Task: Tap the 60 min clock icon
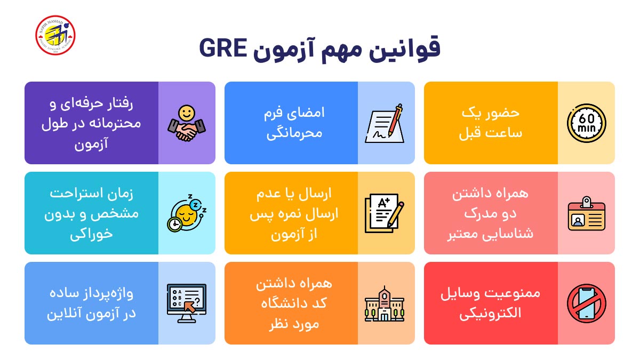(x=586, y=123)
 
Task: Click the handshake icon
(x=186, y=124)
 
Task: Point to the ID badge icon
(x=586, y=213)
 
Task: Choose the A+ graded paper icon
(x=384, y=213)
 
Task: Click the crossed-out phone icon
(x=586, y=303)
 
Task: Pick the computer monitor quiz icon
(x=186, y=303)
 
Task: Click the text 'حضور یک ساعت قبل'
(x=490, y=123)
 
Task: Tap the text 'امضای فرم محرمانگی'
(x=293, y=123)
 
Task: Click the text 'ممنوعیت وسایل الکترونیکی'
(x=490, y=303)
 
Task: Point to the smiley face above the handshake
(x=187, y=113)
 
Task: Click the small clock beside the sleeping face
(x=174, y=225)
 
